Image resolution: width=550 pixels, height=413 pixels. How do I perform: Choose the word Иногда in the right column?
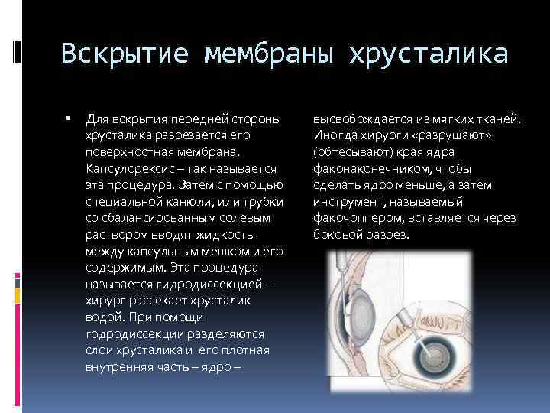334,135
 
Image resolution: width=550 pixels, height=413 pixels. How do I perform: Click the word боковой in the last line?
337,234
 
